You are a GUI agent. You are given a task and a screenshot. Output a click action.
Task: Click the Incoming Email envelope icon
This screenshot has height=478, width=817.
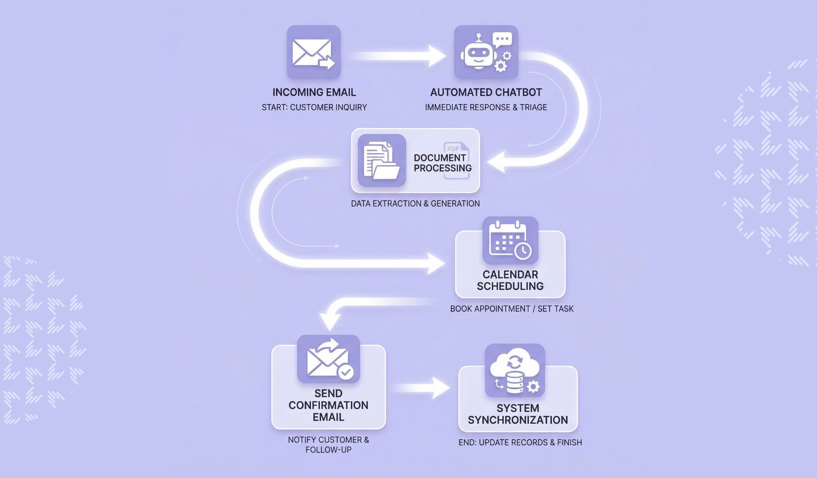[x=313, y=52]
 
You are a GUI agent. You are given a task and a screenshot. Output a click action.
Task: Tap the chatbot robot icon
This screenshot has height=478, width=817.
[x=486, y=52]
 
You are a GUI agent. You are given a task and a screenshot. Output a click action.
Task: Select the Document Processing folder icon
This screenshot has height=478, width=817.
[x=382, y=160]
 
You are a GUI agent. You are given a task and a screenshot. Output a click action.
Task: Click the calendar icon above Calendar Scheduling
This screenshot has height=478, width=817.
[x=510, y=240]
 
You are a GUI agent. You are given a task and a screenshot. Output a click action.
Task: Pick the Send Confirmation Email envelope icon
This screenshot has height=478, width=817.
[x=328, y=359]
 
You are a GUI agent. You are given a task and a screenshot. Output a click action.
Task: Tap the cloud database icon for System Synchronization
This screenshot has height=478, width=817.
[x=515, y=370]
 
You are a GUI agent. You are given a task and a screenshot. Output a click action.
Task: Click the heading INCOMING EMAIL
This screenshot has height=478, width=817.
[x=314, y=92]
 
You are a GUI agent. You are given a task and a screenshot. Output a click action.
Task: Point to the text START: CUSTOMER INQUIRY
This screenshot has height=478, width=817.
[x=314, y=107]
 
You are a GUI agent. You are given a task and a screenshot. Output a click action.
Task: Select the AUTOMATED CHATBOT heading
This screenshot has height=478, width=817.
[x=486, y=92]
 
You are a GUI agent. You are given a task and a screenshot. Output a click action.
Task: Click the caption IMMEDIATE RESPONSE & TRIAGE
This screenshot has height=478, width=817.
[x=486, y=107]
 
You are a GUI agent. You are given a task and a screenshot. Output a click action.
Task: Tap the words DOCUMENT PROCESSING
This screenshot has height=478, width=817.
[x=442, y=163]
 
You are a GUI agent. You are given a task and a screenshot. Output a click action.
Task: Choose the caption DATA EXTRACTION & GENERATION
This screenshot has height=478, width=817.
[x=415, y=203]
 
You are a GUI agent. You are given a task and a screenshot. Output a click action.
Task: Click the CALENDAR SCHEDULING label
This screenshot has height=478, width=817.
[x=510, y=280]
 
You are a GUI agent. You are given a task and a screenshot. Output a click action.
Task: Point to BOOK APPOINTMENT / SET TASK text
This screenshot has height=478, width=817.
[x=512, y=309]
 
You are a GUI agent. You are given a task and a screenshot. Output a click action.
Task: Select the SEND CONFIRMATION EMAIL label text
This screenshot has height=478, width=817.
[x=328, y=405]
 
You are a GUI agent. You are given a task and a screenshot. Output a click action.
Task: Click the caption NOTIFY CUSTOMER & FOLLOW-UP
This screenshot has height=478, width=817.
[x=328, y=445]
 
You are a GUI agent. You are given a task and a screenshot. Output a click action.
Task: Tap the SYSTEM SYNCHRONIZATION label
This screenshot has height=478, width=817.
[x=518, y=414]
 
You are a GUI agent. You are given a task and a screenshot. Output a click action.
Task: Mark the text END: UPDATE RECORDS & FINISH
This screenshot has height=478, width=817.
[x=520, y=442]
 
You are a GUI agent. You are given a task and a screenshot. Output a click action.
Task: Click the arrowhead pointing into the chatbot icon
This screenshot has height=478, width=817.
[x=437, y=56]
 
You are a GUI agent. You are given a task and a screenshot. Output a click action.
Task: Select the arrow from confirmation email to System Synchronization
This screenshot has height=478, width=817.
[x=423, y=388]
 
